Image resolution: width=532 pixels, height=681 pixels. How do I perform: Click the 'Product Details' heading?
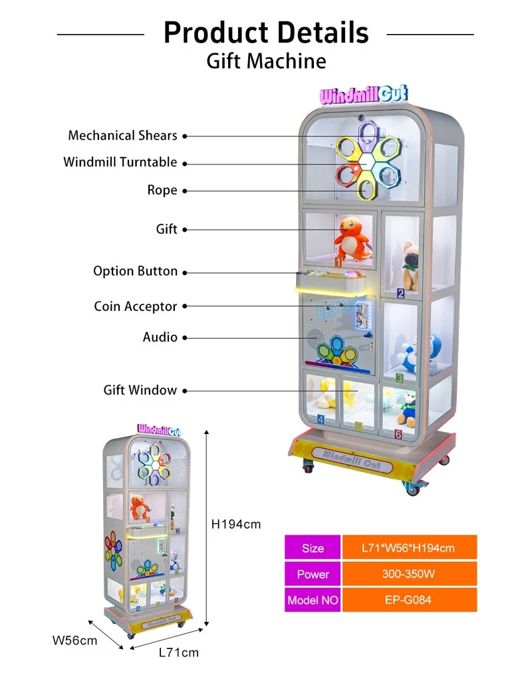click(266, 33)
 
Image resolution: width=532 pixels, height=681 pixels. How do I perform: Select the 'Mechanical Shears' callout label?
click(123, 136)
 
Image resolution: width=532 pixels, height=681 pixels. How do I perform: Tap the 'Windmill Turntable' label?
click(120, 162)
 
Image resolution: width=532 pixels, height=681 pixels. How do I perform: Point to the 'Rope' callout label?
click(162, 190)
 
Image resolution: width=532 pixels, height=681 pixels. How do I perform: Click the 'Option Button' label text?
click(136, 271)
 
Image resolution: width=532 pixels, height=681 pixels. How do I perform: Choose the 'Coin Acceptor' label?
click(136, 307)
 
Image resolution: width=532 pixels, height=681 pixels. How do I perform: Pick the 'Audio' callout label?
click(160, 337)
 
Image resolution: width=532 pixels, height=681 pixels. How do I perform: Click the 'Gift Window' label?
click(140, 390)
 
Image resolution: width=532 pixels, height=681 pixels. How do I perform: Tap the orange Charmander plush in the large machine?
click(352, 238)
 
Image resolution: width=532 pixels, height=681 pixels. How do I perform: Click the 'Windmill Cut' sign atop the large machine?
click(364, 95)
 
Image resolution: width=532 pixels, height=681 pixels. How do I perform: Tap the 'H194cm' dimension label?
click(236, 524)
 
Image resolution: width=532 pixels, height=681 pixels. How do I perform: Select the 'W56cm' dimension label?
click(74, 640)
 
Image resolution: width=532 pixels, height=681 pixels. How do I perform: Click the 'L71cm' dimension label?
click(178, 652)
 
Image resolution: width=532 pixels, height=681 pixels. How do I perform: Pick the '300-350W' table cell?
click(409, 574)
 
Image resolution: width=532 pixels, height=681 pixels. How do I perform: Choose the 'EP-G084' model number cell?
click(409, 600)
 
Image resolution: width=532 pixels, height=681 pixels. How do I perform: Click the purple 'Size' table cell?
click(313, 548)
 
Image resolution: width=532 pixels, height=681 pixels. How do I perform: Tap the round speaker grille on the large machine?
click(314, 338)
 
